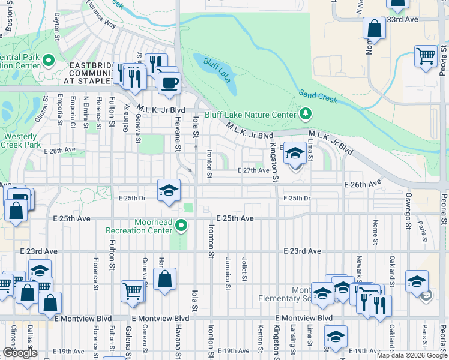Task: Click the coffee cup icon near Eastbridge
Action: click(170, 82)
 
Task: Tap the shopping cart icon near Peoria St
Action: click(426, 56)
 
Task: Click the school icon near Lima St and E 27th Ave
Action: click(295, 154)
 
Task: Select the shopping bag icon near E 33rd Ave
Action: click(374, 28)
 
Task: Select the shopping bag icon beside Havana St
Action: click(164, 279)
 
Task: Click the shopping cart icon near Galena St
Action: click(132, 291)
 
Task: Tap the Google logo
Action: click(20, 353)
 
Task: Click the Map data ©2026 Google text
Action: click(412, 355)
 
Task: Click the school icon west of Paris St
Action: click(416, 281)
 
